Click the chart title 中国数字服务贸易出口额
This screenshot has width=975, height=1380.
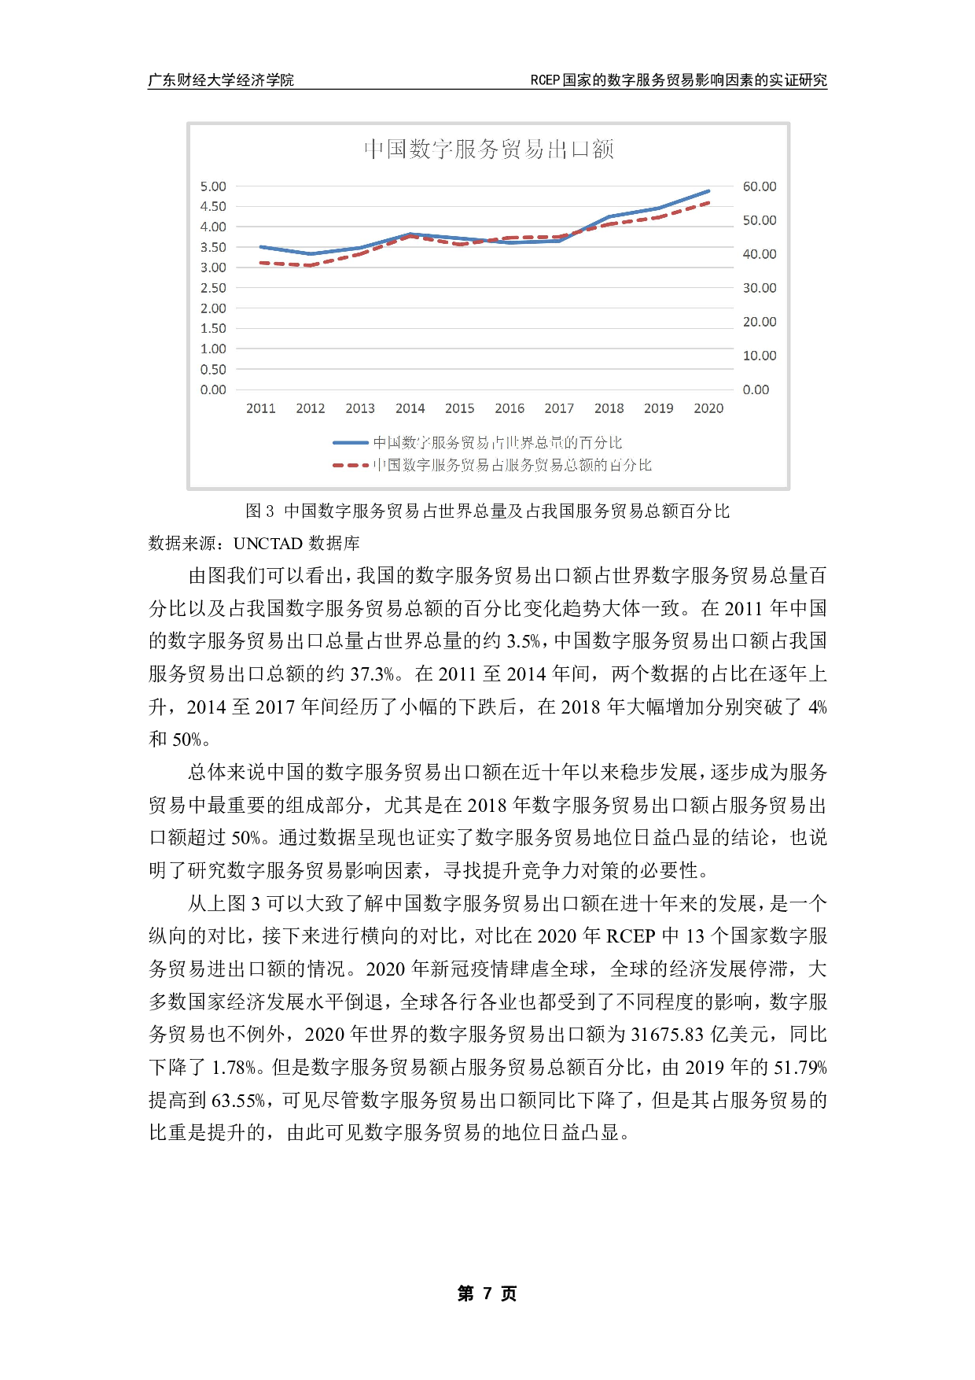[x=488, y=149]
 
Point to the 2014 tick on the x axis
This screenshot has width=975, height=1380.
[x=410, y=408]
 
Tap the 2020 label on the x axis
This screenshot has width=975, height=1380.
[x=708, y=408]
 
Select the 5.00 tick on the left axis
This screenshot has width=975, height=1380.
[x=213, y=186]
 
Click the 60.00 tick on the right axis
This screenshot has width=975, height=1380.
[x=760, y=186]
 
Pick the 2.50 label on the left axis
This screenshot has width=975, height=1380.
[x=213, y=288]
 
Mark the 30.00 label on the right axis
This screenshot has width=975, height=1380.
[x=760, y=288]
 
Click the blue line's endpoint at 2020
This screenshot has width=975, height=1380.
[x=708, y=191]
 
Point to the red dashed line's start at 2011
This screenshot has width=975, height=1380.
[x=261, y=263]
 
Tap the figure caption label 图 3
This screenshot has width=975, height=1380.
[x=259, y=511]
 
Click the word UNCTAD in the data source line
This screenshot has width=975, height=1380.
[x=268, y=544]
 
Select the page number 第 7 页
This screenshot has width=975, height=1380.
[x=487, y=1293]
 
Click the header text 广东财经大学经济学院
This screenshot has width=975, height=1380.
[x=221, y=80]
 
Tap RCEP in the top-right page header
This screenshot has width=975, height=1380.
[x=545, y=80]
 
